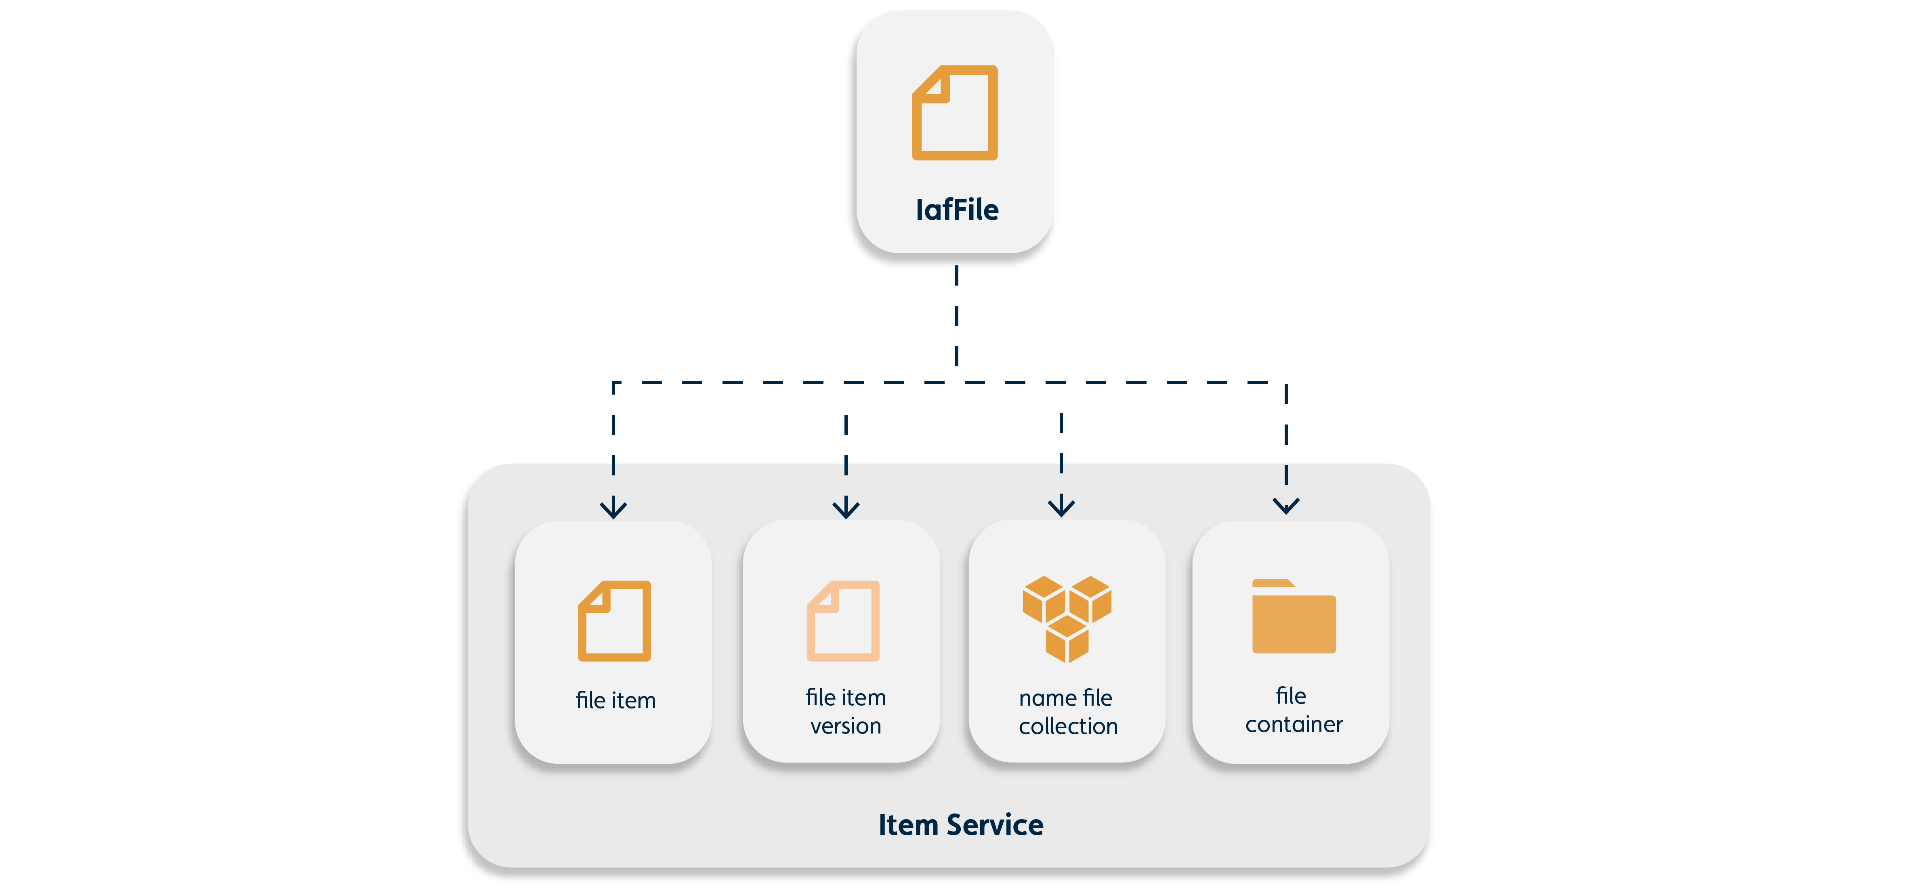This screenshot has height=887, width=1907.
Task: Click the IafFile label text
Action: (956, 210)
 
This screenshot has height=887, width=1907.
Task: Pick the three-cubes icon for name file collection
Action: (1067, 618)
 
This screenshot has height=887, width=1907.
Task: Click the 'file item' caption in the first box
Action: (615, 700)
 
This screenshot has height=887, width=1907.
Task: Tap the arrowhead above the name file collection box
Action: (1061, 507)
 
